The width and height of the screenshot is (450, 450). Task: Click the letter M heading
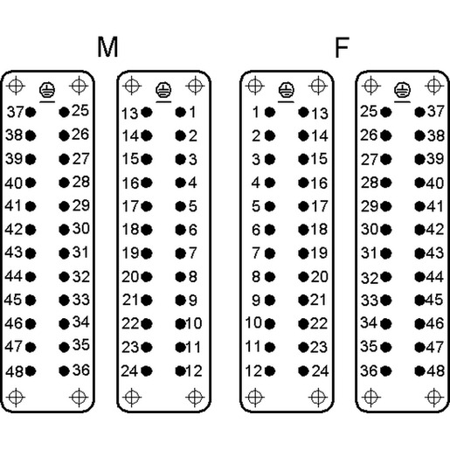107,46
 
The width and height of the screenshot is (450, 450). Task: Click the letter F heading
342,47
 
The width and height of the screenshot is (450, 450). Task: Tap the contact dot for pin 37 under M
31,112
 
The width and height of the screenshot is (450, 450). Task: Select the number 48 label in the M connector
14,371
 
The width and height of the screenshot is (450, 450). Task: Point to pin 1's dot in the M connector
181,112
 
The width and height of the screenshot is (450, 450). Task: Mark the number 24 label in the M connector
130,371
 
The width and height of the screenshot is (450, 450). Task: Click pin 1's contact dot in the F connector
270,112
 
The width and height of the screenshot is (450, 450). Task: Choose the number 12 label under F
253,371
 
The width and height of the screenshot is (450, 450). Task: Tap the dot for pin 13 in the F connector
303,112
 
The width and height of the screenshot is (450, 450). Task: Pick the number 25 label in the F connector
369,111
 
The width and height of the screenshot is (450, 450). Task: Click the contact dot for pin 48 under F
420,371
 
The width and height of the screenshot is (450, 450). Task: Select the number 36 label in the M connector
81,370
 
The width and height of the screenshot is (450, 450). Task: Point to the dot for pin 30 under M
64,230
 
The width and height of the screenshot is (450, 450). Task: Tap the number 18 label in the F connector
320,229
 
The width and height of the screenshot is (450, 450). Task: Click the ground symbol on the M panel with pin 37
47,90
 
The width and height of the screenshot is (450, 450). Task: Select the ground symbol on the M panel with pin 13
163,90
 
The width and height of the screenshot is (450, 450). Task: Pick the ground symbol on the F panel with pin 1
287,90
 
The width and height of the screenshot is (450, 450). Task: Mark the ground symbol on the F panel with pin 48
402,90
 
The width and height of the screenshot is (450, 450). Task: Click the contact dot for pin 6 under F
270,230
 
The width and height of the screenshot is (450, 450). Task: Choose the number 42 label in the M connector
13,230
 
